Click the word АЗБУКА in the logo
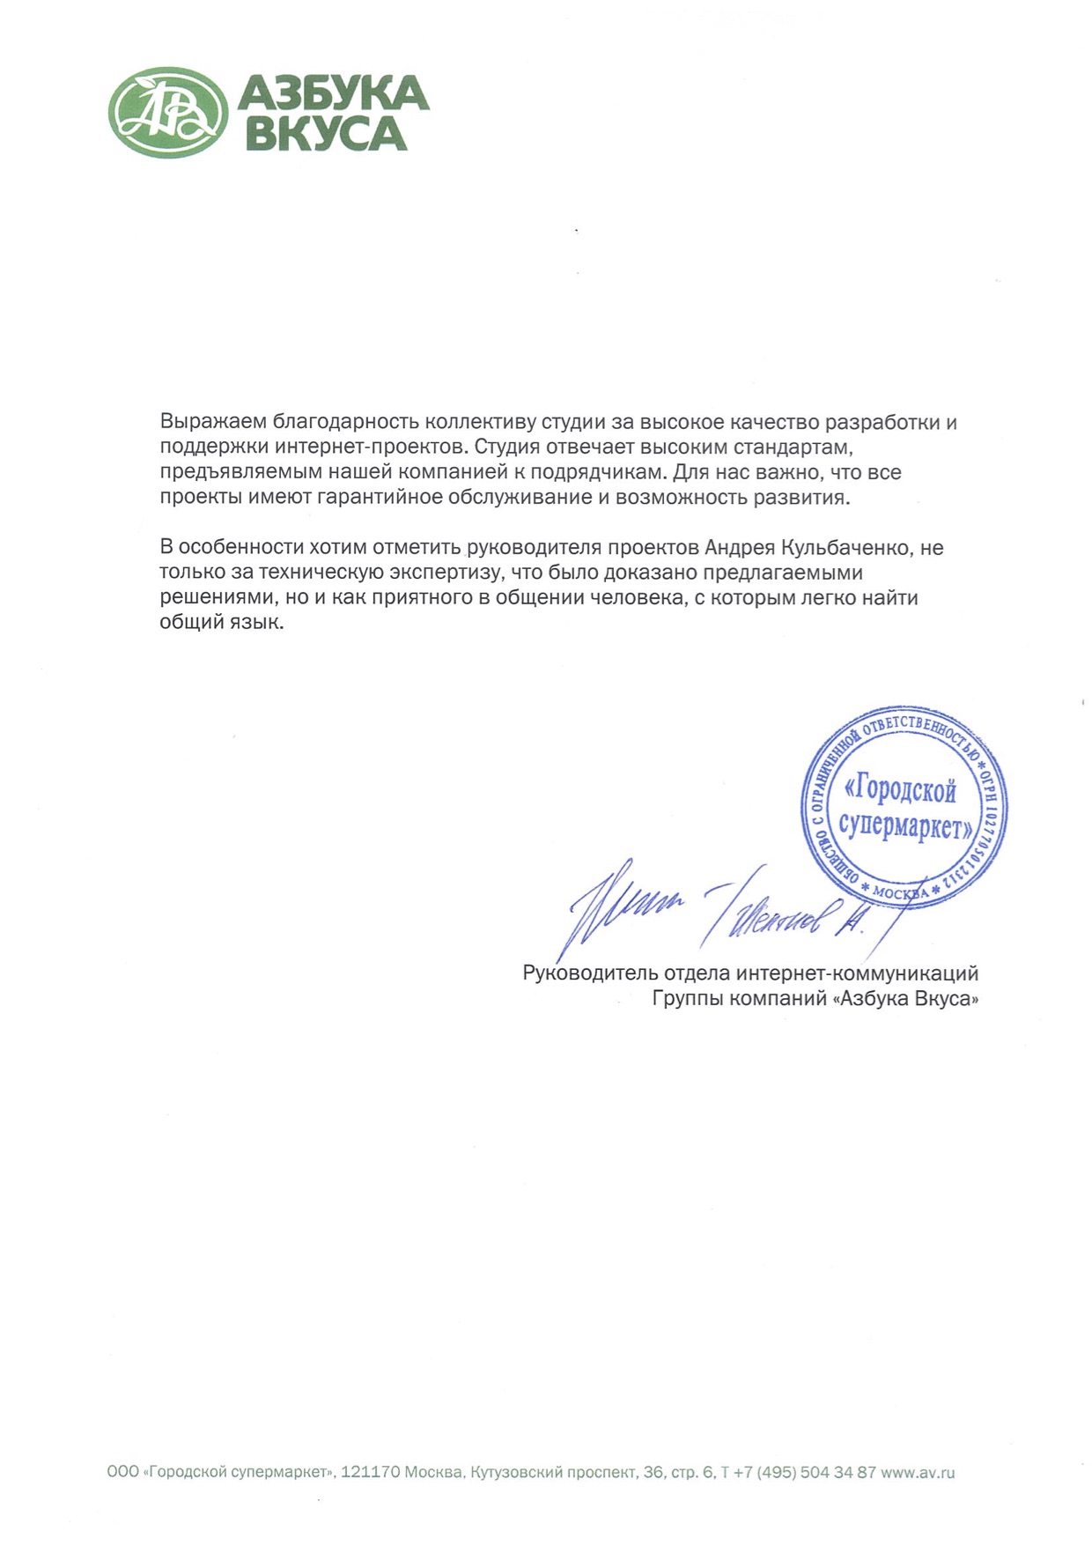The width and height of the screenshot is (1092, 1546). (333, 92)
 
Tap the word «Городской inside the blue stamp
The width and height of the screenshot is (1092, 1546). (900, 790)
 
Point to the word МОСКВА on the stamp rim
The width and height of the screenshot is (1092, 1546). (901, 893)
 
